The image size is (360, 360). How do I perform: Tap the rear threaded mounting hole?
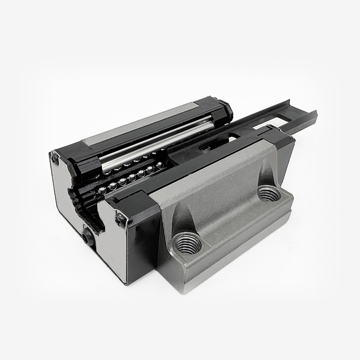tap(269, 194)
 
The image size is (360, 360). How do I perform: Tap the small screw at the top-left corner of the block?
tap(55, 158)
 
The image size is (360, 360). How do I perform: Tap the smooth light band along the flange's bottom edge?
tap(237, 254)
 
